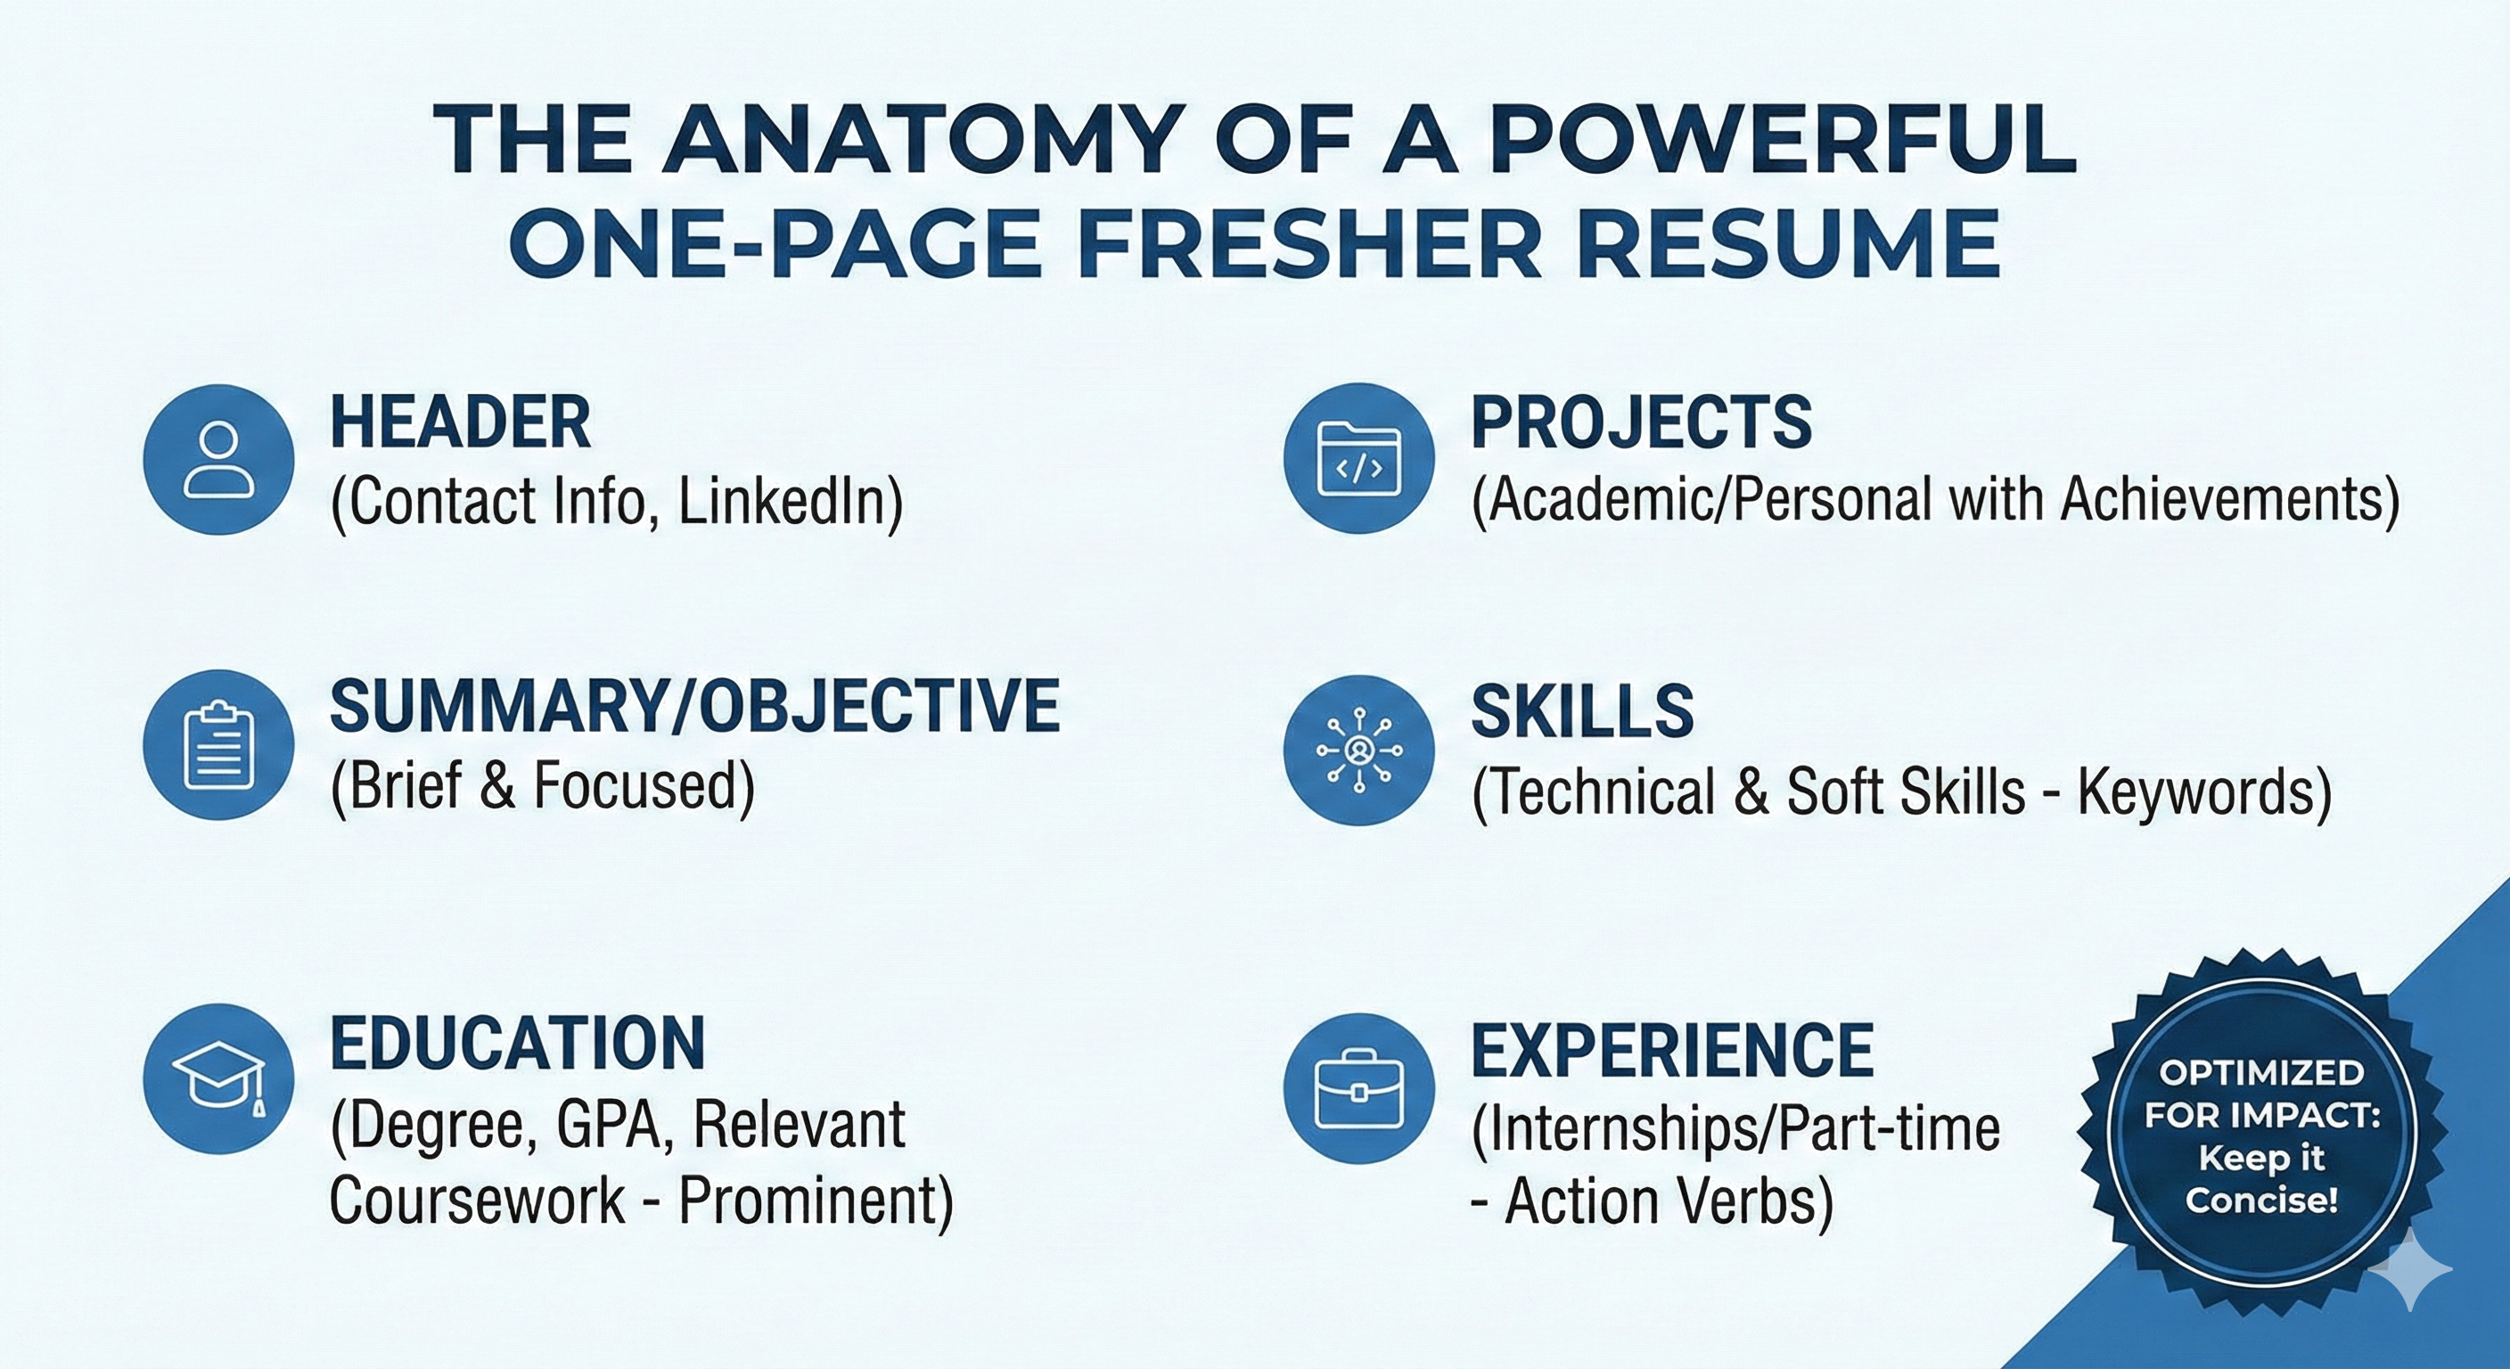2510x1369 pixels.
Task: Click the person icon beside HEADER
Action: pos(218,459)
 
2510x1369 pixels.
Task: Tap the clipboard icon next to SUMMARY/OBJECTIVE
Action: pos(218,745)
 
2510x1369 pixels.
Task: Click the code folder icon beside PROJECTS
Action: pos(1358,459)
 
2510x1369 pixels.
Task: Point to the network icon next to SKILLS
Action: pos(1358,750)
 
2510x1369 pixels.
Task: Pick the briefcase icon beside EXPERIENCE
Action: pos(1358,1088)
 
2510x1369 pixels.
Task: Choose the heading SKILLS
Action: pos(1582,711)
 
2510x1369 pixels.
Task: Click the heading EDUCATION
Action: pos(517,1044)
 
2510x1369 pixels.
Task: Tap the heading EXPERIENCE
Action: pos(1672,1051)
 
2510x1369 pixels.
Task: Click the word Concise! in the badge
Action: pos(2260,1199)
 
